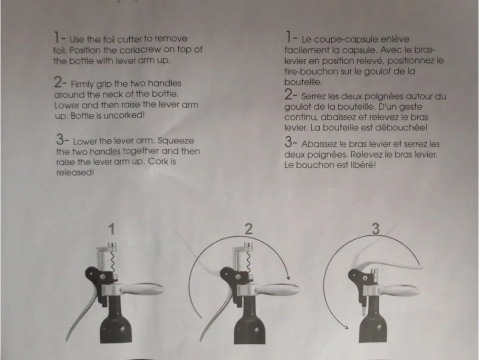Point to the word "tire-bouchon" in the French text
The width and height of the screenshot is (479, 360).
(x=307, y=72)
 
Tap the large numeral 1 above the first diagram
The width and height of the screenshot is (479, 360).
(x=111, y=229)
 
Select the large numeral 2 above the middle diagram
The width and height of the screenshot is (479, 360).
(x=248, y=228)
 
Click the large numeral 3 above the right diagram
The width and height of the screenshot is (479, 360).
(x=375, y=229)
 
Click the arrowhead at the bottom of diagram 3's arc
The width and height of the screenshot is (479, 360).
(x=346, y=327)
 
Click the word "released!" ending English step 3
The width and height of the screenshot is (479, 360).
(x=75, y=173)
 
